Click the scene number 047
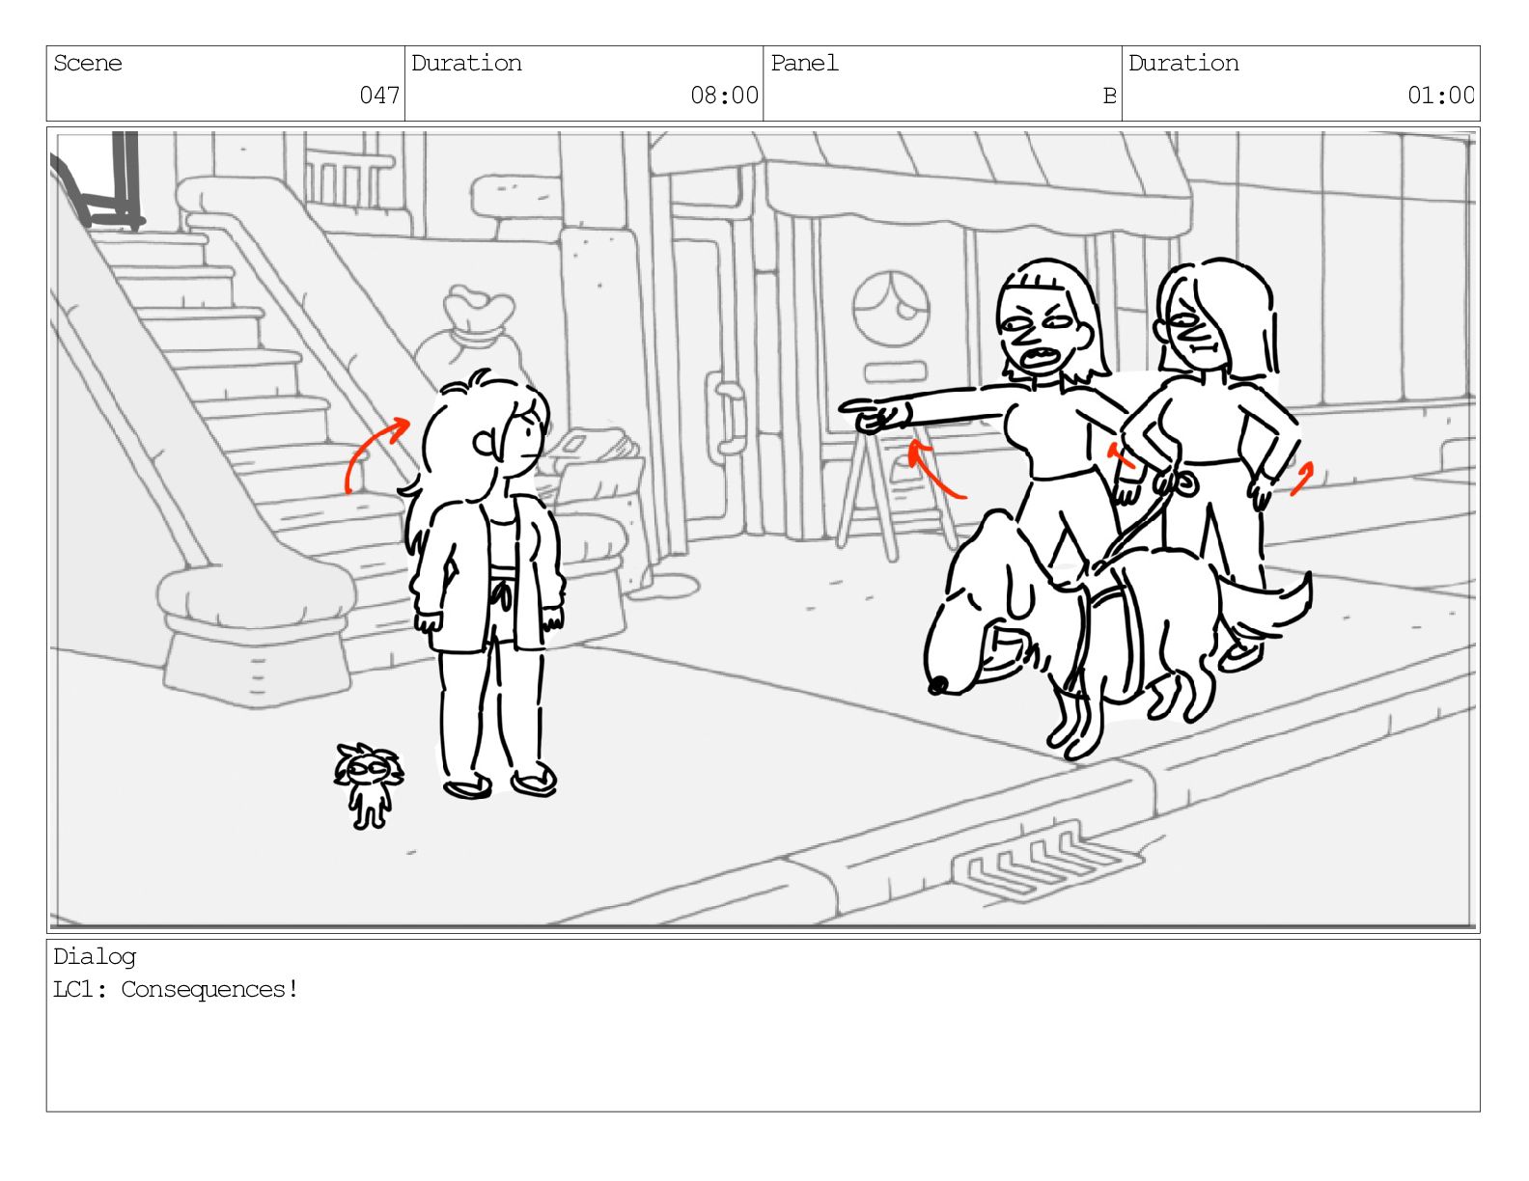pos(378,95)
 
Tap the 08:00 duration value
pos(723,95)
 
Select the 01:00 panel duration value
pos(1439,95)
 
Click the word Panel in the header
pos(803,64)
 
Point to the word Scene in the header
pos(87,64)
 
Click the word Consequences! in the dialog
pos(209,989)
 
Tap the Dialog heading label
pos(95,956)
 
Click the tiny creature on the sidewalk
pos(369,785)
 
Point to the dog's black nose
pos(937,684)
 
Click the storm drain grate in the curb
pos(1046,863)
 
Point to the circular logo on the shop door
pos(891,309)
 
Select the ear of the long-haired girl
pos(485,443)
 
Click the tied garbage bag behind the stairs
pos(470,338)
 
